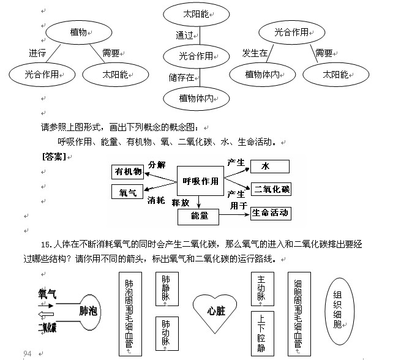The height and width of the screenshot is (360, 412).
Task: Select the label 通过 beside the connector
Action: pyautogui.click(x=184, y=35)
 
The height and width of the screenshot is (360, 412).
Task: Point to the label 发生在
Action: pyautogui.click(x=255, y=53)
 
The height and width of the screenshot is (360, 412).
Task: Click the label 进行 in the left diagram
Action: pyautogui.click(x=37, y=53)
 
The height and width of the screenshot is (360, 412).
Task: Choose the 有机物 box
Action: pyautogui.click(x=128, y=172)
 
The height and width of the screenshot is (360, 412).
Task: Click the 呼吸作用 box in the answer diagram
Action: pyautogui.click(x=200, y=181)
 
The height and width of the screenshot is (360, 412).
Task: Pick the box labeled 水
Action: pyautogui.click(x=265, y=167)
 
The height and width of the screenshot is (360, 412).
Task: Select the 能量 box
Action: pyautogui.click(x=200, y=216)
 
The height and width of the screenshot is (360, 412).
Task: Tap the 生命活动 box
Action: pyautogui.click(x=270, y=213)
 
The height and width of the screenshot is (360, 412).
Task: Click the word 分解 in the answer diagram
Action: pyautogui.click(x=157, y=165)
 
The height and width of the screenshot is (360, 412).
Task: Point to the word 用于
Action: pyautogui.click(x=238, y=206)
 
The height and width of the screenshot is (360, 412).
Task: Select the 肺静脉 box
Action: pyautogui.click(x=166, y=288)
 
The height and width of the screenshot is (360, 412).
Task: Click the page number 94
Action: pyautogui.click(x=27, y=354)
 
